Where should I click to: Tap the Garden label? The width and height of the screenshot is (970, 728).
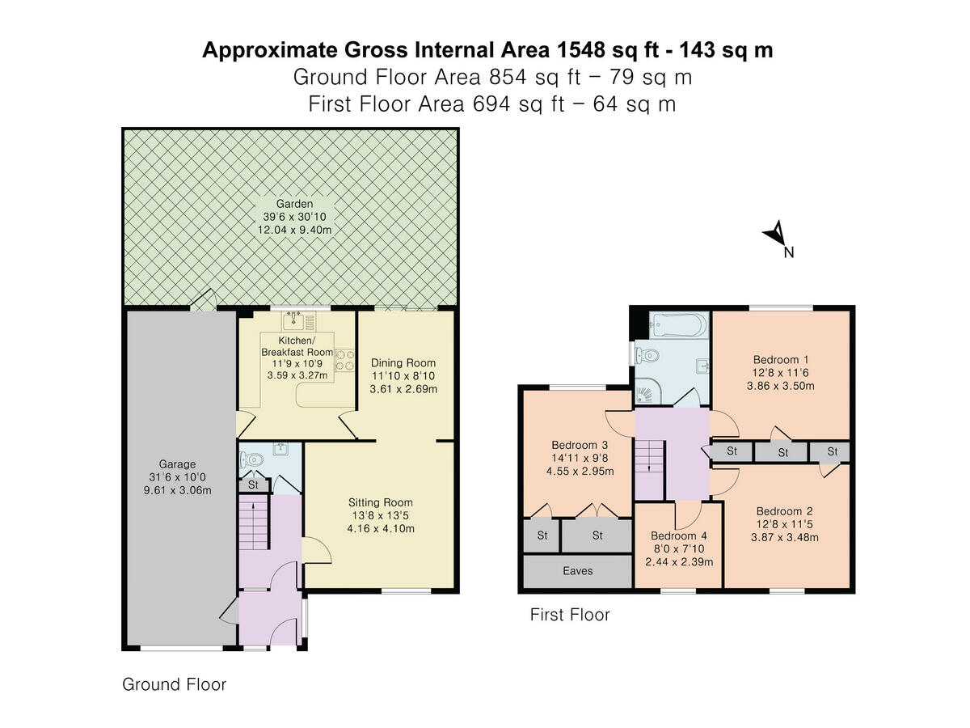point(294,204)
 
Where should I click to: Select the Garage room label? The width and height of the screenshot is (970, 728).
point(177,464)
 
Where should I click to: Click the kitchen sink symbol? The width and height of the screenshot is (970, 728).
point(294,320)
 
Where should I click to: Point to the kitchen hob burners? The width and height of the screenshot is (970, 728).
point(344,360)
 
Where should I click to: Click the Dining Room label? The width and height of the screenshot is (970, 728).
point(403,363)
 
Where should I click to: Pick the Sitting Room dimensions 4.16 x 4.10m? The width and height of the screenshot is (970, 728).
point(381,529)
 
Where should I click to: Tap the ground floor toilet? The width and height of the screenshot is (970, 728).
point(251,460)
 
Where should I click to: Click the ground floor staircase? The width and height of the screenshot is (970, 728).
point(254,523)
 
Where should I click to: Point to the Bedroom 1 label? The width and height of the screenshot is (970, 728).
point(781,359)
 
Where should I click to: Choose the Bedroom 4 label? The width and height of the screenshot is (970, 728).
point(679,535)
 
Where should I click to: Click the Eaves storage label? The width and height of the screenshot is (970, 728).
point(578,570)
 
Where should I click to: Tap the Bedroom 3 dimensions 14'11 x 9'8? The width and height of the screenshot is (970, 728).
point(580,458)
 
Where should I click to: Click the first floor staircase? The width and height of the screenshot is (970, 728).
point(650,470)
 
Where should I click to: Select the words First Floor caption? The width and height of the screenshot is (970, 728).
point(570,615)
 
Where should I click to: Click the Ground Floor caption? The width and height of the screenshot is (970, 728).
point(174,684)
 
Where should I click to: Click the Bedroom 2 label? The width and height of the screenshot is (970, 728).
point(784,511)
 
